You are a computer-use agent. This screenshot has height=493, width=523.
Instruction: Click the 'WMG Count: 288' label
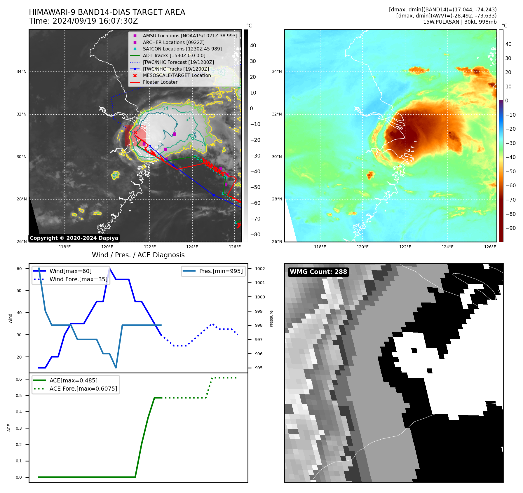pos(318,272)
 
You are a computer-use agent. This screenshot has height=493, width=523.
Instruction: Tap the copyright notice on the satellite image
pos(74,238)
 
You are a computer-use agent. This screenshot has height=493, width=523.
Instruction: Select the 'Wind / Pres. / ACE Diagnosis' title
pos(138,255)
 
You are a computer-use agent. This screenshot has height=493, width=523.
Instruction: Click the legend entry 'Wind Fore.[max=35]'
pos(78,279)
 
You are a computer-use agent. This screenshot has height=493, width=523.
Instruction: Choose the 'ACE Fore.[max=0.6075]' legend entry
pos(83,389)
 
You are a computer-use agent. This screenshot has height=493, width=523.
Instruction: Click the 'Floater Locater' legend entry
pos(160,82)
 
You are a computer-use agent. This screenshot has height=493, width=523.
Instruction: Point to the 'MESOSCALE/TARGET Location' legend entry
pos(177,75)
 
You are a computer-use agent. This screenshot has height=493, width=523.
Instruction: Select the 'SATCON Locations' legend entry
pos(182,49)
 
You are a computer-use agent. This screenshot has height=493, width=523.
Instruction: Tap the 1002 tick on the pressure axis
pos(260,269)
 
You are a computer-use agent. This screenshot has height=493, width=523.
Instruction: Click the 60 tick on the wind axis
pos(19,269)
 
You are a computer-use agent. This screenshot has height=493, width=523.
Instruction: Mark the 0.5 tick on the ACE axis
pos(19,396)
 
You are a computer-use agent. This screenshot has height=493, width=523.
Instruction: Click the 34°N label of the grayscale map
pos(21,71)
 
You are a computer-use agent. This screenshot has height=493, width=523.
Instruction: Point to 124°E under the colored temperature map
pos(447,247)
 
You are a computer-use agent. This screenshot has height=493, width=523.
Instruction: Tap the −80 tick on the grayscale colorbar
pos(255,235)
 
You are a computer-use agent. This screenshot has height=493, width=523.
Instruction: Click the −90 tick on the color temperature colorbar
pos(510,228)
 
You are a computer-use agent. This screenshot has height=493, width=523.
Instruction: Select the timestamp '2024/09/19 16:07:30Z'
pos(95,21)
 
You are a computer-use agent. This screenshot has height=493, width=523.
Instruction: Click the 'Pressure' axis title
pos(271,319)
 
